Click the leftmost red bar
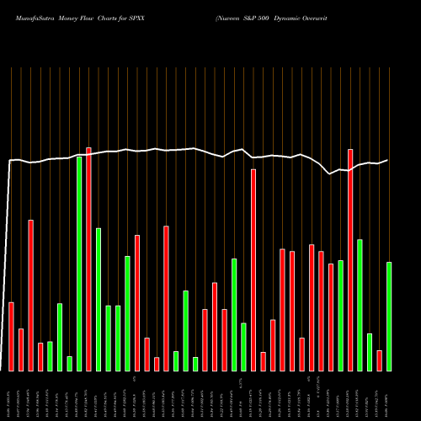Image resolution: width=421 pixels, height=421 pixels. [x=12, y=336]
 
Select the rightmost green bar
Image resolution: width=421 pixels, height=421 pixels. [x=389, y=316]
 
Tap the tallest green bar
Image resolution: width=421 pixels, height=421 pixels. [x=79, y=264]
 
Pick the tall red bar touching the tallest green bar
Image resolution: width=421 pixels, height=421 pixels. [x=88, y=259]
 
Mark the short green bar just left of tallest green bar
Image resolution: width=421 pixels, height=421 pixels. [x=70, y=363]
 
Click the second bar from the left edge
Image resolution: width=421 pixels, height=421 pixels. [x=21, y=349]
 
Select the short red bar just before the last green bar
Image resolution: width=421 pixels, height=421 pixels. [x=380, y=360]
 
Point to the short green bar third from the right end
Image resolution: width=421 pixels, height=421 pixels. [x=370, y=352]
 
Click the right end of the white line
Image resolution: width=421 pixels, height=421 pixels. [x=388, y=160]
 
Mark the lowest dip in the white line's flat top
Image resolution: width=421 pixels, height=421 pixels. [x=330, y=174]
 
